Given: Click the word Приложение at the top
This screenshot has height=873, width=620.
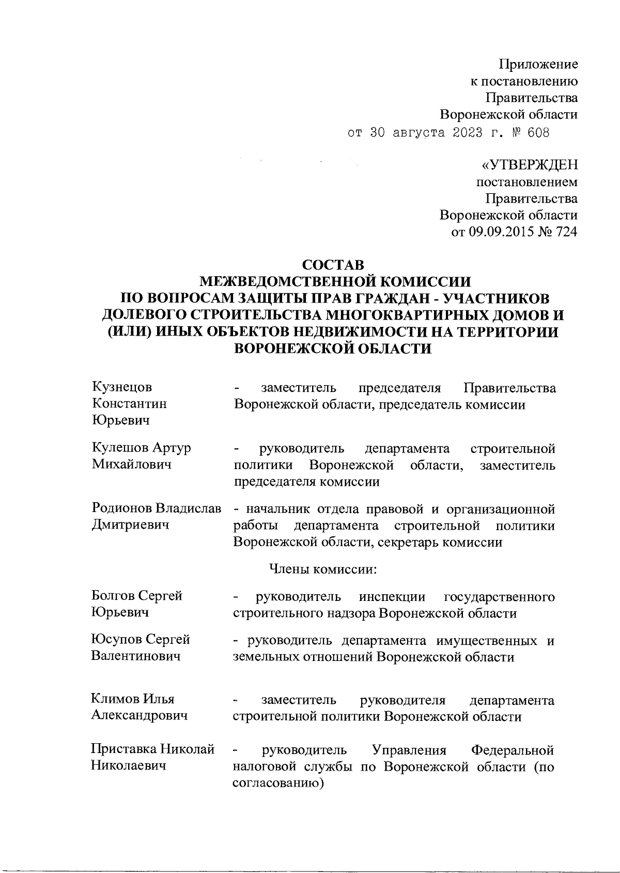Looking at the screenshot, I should pos(537,64).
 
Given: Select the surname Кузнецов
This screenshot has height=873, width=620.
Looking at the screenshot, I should pos(122,387).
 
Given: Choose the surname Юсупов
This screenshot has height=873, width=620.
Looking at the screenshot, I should pos(115,639).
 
